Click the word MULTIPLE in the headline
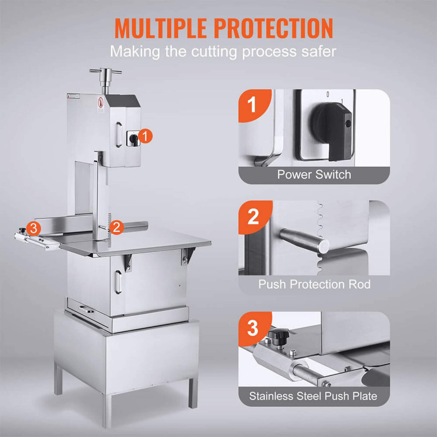coord(160,28)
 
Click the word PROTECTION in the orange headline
coord(273,28)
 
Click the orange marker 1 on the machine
coord(145,136)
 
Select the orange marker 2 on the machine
coord(116,227)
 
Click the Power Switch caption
coord(314,175)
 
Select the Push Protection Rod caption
coord(314,284)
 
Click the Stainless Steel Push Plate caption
coord(313,396)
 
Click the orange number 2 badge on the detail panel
coord(253,217)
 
